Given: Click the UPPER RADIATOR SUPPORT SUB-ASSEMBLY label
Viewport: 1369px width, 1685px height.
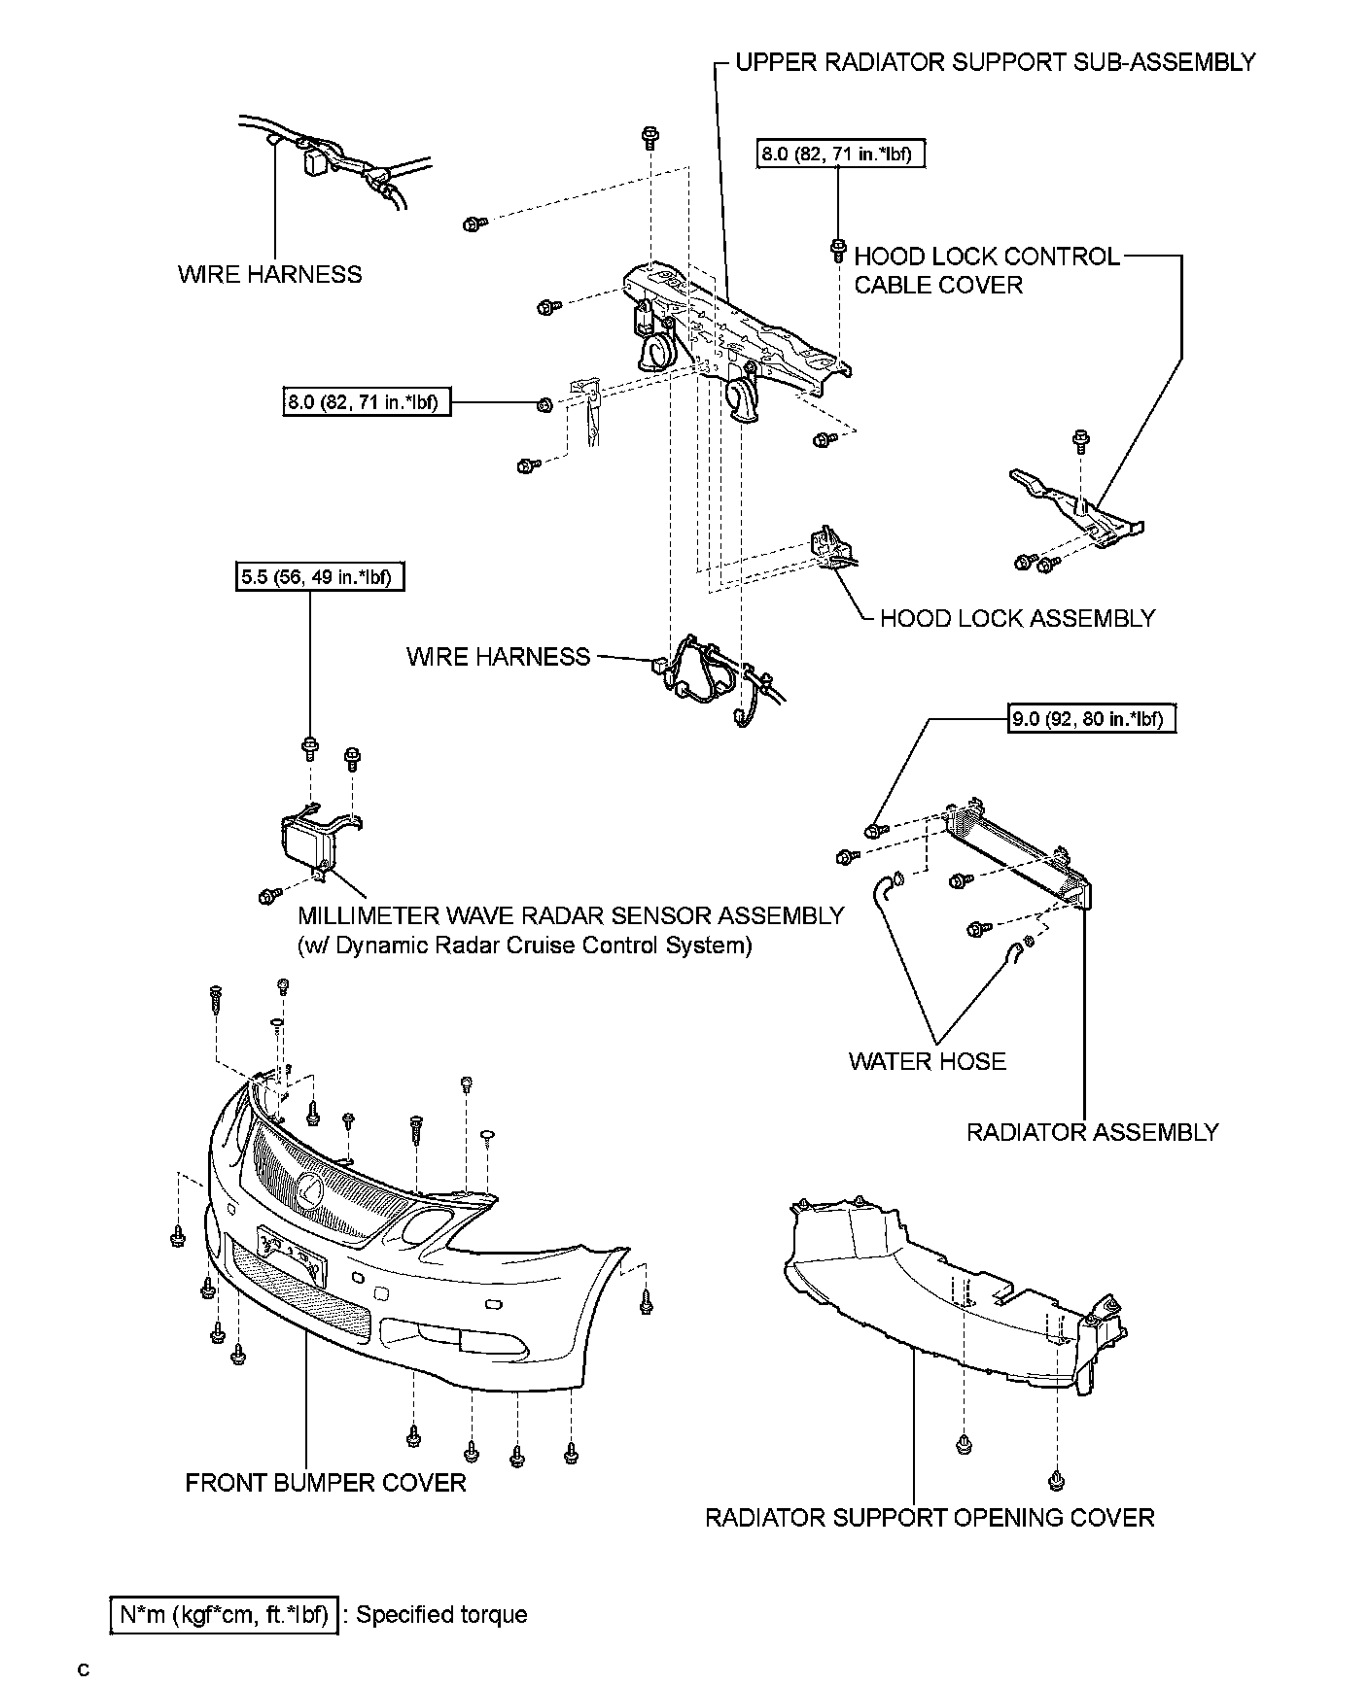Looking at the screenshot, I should click(995, 63).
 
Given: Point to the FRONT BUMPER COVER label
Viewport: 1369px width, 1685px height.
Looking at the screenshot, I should click(325, 1483).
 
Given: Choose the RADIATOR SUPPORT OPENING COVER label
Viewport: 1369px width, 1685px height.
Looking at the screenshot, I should click(929, 1518).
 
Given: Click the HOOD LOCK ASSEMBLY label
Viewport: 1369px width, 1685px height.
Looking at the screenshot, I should click(1017, 618).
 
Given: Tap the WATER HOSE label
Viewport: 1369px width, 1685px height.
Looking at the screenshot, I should click(927, 1061).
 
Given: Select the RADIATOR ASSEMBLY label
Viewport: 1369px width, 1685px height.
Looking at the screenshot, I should click(1091, 1132).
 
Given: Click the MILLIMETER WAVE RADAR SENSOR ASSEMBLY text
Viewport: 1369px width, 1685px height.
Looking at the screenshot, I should click(571, 915).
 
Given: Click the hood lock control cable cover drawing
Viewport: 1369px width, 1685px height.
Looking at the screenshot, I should click(1079, 510).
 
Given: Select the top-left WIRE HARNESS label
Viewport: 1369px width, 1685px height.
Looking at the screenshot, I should click(269, 275).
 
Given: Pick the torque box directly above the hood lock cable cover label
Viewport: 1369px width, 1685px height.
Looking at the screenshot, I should click(837, 153).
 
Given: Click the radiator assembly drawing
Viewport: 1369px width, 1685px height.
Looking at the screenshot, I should click(1016, 850).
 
